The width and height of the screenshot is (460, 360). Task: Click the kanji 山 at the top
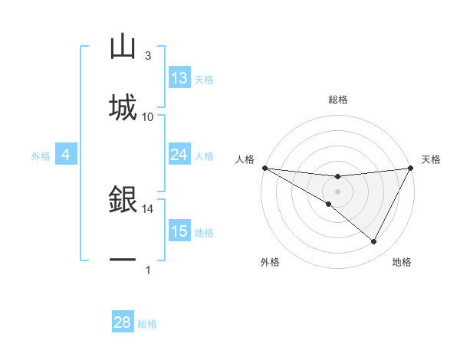coord(123,47)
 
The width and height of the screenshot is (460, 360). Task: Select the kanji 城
coord(123,107)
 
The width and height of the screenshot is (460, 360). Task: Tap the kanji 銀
coord(123,201)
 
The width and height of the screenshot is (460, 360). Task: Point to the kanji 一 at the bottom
coord(123,260)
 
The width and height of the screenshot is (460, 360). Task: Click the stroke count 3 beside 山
coord(147,56)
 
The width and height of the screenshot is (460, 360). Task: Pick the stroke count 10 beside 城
coord(148,116)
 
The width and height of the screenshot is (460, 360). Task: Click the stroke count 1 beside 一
coord(148,270)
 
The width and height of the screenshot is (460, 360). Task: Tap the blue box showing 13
coord(179,78)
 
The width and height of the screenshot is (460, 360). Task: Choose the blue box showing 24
coord(179,155)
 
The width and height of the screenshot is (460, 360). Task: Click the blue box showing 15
coord(179,231)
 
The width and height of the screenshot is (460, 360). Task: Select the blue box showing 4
coord(66,155)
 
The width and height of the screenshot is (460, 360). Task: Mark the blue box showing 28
coord(123,322)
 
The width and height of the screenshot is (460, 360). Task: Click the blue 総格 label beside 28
coord(147,324)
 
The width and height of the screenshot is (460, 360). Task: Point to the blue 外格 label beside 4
coord(41,155)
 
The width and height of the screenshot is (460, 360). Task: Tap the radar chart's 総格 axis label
coord(337,100)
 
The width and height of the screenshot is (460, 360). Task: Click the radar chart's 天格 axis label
coord(431,159)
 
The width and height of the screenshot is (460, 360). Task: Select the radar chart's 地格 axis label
coord(402,262)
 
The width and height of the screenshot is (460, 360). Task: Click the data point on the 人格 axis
coord(264,168)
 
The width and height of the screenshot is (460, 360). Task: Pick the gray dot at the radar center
coord(337,191)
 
